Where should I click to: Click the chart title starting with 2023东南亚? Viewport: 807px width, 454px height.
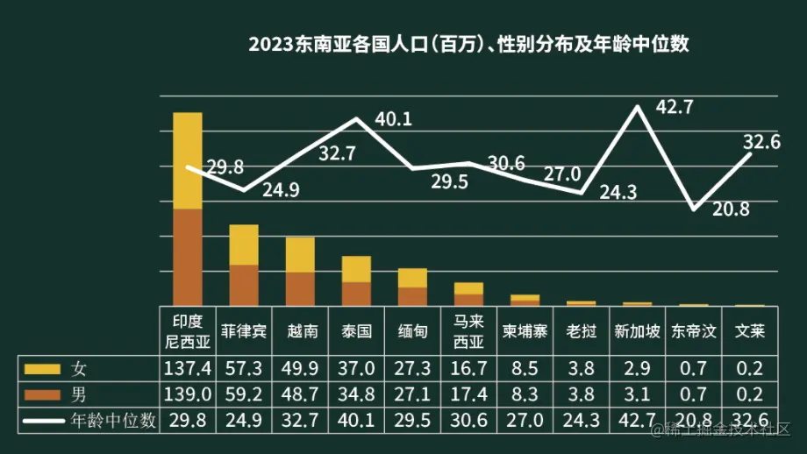[468, 45]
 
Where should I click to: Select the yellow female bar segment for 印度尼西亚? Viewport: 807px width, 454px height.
[188, 160]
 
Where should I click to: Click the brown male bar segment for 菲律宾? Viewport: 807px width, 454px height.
[244, 284]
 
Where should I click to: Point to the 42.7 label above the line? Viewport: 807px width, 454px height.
[675, 108]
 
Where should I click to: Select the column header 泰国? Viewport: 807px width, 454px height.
[355, 331]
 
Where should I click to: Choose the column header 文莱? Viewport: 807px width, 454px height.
[749, 331]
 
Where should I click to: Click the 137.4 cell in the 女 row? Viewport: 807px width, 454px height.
[188, 368]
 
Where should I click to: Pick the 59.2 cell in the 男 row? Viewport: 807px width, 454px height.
[244, 394]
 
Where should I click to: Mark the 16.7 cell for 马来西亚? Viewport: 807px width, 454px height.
[468, 368]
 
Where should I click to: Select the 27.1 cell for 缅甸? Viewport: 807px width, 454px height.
[412, 394]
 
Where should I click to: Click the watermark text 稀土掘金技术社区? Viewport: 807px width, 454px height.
[728, 429]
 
